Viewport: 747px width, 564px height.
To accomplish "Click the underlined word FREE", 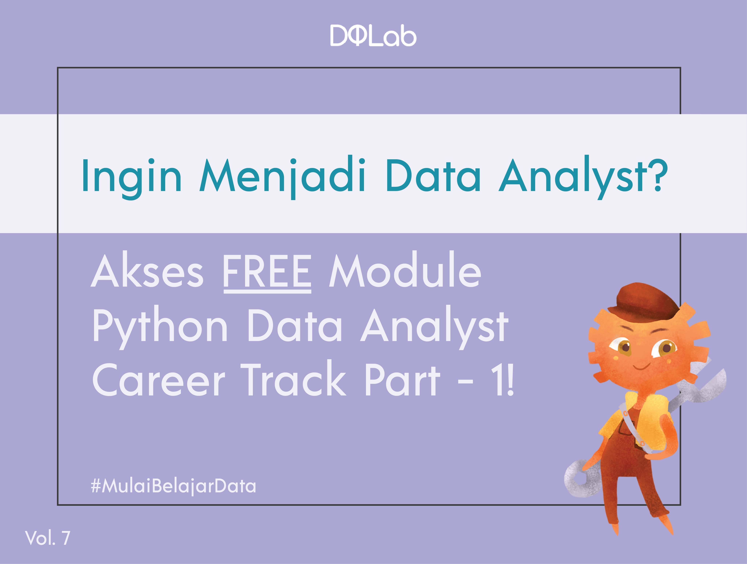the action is pos(267,272).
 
